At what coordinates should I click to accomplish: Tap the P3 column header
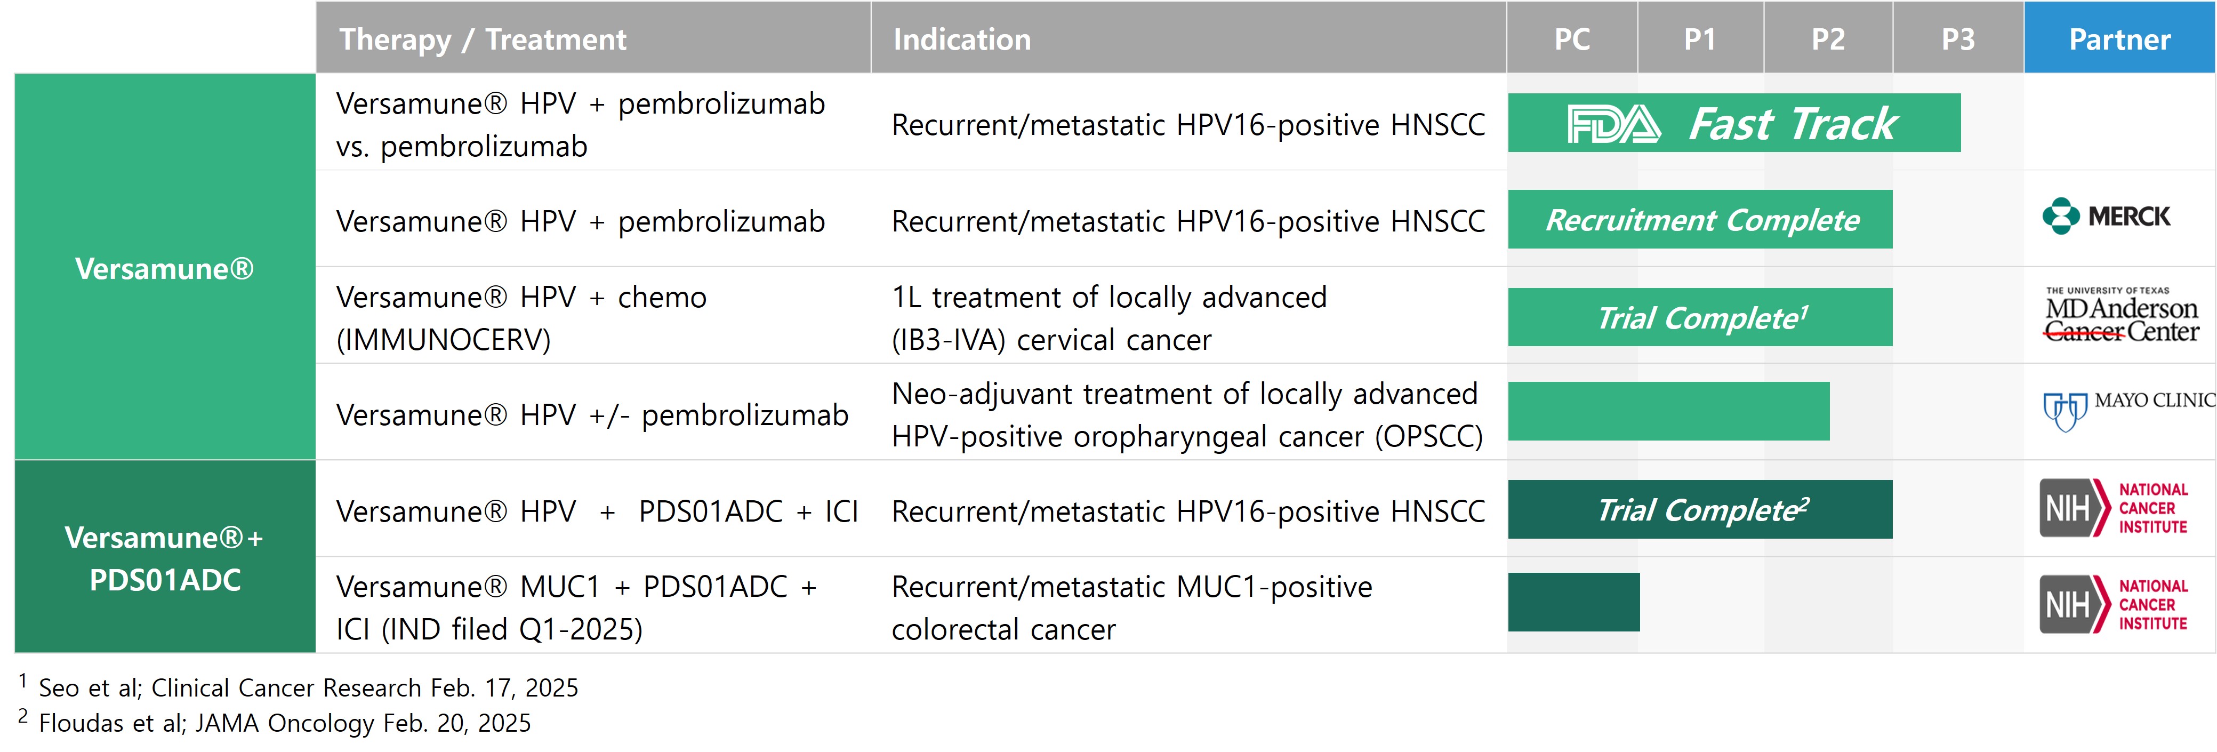point(1958,39)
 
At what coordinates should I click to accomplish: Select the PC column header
point(1571,39)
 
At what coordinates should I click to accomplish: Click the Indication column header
point(961,39)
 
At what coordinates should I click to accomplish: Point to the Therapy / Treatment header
point(483,39)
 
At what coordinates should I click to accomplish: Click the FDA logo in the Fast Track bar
point(1613,124)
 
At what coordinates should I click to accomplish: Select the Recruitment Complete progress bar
point(1700,219)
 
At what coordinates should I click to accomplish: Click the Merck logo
point(2106,216)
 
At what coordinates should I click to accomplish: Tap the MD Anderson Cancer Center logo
point(2122,315)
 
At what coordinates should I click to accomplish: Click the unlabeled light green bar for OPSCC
point(1669,411)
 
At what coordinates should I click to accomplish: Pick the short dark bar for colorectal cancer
point(1574,602)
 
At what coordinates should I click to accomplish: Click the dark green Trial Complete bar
point(1700,509)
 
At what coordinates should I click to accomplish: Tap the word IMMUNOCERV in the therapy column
point(443,340)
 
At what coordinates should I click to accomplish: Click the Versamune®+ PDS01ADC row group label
point(164,558)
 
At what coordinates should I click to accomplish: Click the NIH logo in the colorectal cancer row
point(2114,604)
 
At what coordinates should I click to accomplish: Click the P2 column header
point(1828,39)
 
